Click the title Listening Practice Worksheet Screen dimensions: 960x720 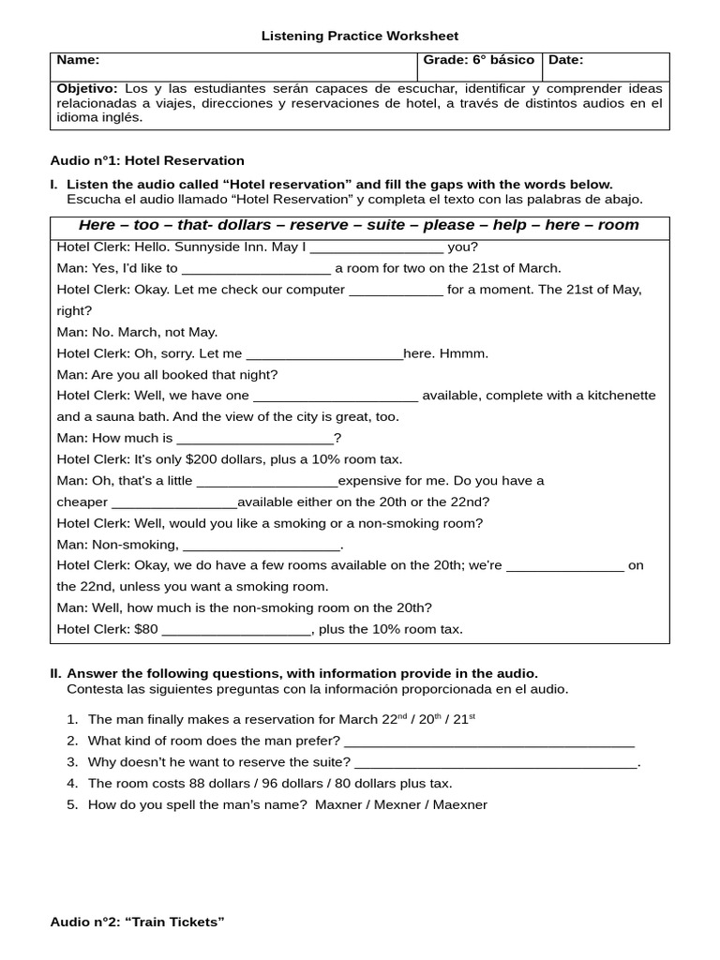(359, 36)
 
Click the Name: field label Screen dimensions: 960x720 (78, 60)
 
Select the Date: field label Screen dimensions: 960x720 (565, 60)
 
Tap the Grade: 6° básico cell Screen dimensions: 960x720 (479, 60)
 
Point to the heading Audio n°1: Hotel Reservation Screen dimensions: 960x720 (147, 160)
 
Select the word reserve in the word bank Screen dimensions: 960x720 (319, 225)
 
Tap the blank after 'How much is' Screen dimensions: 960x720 (255, 438)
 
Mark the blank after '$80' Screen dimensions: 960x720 (236, 630)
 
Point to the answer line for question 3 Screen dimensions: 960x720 (496, 762)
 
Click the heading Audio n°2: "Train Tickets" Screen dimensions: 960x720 (138, 922)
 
